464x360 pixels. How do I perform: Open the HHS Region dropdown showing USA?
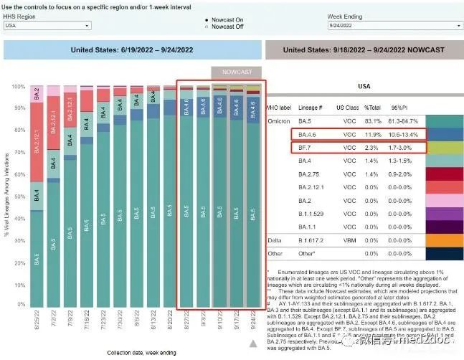pos(47,25)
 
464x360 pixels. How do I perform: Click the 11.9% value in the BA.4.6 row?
pos(374,133)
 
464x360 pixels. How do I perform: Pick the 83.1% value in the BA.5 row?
pos(374,120)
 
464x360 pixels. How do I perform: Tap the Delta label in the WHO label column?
pos(273,239)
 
